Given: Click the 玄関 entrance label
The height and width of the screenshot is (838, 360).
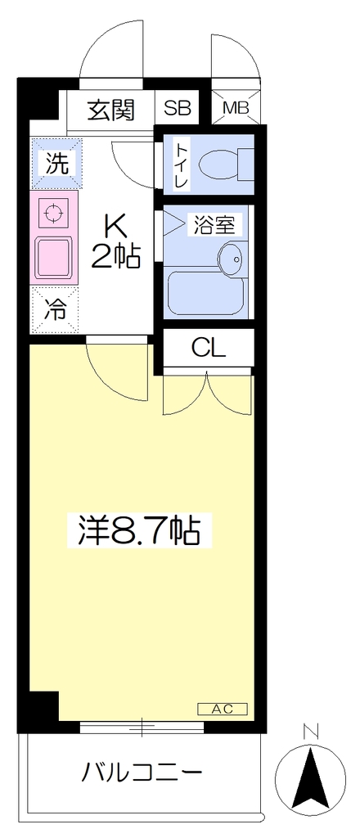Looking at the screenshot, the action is pyautogui.click(x=110, y=110).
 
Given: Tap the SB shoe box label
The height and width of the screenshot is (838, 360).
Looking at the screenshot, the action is pyautogui.click(x=177, y=109).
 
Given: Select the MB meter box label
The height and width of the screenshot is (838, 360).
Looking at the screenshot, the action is pyautogui.click(x=236, y=108).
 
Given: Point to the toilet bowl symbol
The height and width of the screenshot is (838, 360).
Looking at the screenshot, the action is pyautogui.click(x=225, y=164).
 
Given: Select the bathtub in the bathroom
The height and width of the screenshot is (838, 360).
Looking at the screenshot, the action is pyautogui.click(x=205, y=294).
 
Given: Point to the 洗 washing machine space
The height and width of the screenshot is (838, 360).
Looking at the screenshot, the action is pyautogui.click(x=56, y=164).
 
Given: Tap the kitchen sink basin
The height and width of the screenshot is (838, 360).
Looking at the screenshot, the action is pyautogui.click(x=54, y=258).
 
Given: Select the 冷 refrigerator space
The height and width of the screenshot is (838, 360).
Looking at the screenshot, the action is pyautogui.click(x=55, y=309).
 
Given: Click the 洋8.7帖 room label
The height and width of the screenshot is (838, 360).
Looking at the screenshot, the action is pyautogui.click(x=139, y=529).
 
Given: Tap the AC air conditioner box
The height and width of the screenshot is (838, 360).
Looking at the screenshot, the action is pyautogui.click(x=223, y=709).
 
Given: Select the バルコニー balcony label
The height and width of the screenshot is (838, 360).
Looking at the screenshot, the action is pyautogui.click(x=142, y=772).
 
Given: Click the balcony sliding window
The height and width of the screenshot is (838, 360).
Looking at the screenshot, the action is pyautogui.click(x=142, y=727).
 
